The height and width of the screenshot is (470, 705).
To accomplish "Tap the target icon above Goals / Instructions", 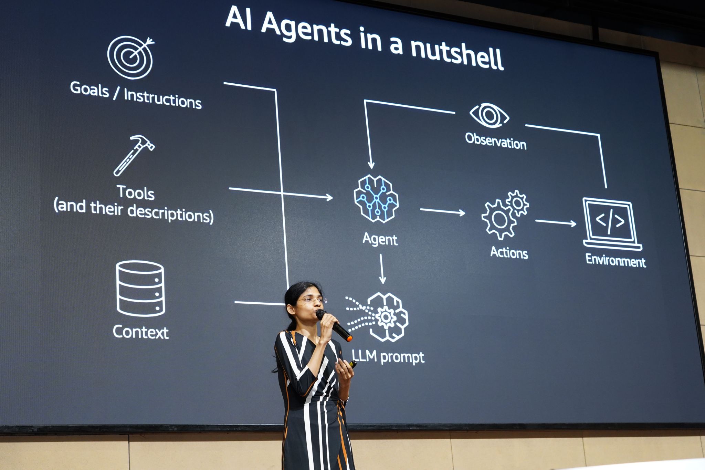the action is [x=130, y=58].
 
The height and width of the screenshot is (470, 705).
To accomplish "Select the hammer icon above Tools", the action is [x=134, y=155].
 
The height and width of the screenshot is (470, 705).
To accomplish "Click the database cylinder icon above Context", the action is [x=140, y=289].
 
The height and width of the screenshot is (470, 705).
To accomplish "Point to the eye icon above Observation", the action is [x=489, y=115].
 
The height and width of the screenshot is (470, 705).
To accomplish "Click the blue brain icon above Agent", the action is [x=376, y=199].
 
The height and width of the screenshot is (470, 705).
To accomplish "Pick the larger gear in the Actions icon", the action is [x=499, y=219].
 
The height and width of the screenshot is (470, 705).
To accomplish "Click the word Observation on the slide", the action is [x=496, y=141].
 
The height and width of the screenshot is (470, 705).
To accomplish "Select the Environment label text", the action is [x=615, y=260].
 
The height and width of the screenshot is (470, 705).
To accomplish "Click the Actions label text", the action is [x=509, y=252].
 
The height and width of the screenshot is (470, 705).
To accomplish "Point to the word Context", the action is [x=141, y=332].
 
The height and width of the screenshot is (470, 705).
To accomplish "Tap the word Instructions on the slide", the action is [x=162, y=99].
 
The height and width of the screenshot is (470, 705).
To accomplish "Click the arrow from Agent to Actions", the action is [x=442, y=211].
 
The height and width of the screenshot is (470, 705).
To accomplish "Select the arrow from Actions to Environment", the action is [x=556, y=222].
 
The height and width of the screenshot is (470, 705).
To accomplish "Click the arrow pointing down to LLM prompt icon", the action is [x=381, y=269].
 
